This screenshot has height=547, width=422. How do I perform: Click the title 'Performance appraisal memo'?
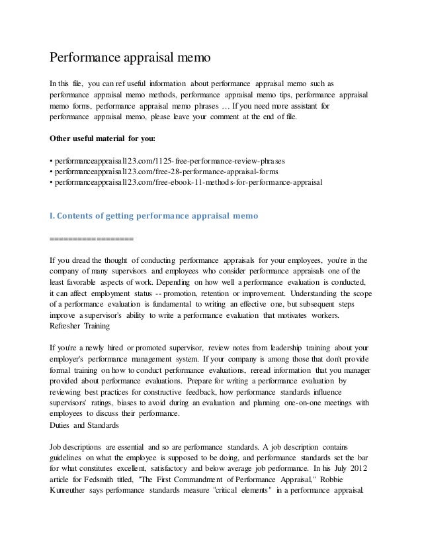(130, 58)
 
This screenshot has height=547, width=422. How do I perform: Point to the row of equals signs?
(91, 238)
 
